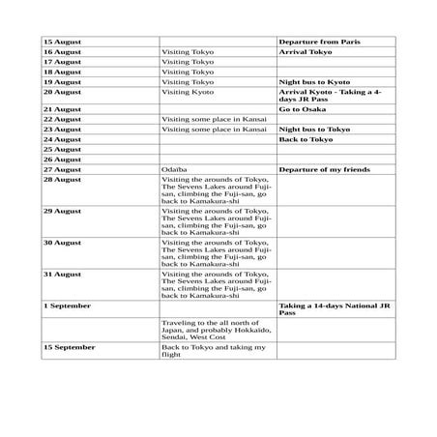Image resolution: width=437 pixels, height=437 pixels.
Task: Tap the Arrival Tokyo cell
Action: click(x=305, y=52)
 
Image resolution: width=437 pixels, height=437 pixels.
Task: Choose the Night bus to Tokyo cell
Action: click(x=314, y=129)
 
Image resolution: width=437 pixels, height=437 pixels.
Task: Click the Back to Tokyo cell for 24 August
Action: click(x=306, y=138)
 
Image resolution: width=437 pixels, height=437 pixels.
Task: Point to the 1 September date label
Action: click(x=67, y=305)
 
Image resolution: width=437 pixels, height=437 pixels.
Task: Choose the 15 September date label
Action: click(x=69, y=345)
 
